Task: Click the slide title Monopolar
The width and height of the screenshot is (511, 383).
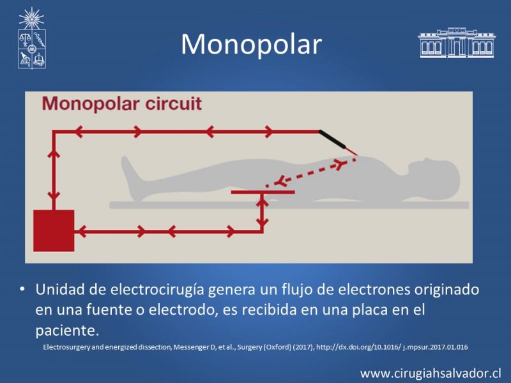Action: [x=251, y=44]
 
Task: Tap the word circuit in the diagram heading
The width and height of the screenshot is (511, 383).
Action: [x=173, y=103]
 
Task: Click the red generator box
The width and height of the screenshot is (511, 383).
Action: [x=54, y=230]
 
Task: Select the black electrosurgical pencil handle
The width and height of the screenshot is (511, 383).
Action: [x=332, y=139]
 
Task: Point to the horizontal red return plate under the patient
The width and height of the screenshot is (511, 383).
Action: [x=263, y=192]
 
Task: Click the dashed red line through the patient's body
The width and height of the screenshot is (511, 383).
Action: [x=311, y=172]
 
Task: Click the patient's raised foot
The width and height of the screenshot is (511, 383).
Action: [x=129, y=169]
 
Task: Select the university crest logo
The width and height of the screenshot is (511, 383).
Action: [x=31, y=38]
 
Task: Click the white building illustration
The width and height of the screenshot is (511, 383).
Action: [x=457, y=43]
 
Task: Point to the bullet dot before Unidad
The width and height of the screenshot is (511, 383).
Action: [x=22, y=289]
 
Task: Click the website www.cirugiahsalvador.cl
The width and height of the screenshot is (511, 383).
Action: [x=431, y=373]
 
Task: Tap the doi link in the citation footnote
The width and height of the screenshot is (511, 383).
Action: [x=392, y=347]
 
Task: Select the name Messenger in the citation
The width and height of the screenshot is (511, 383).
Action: [x=192, y=347]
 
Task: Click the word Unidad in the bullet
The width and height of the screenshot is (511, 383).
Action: [x=61, y=289]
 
